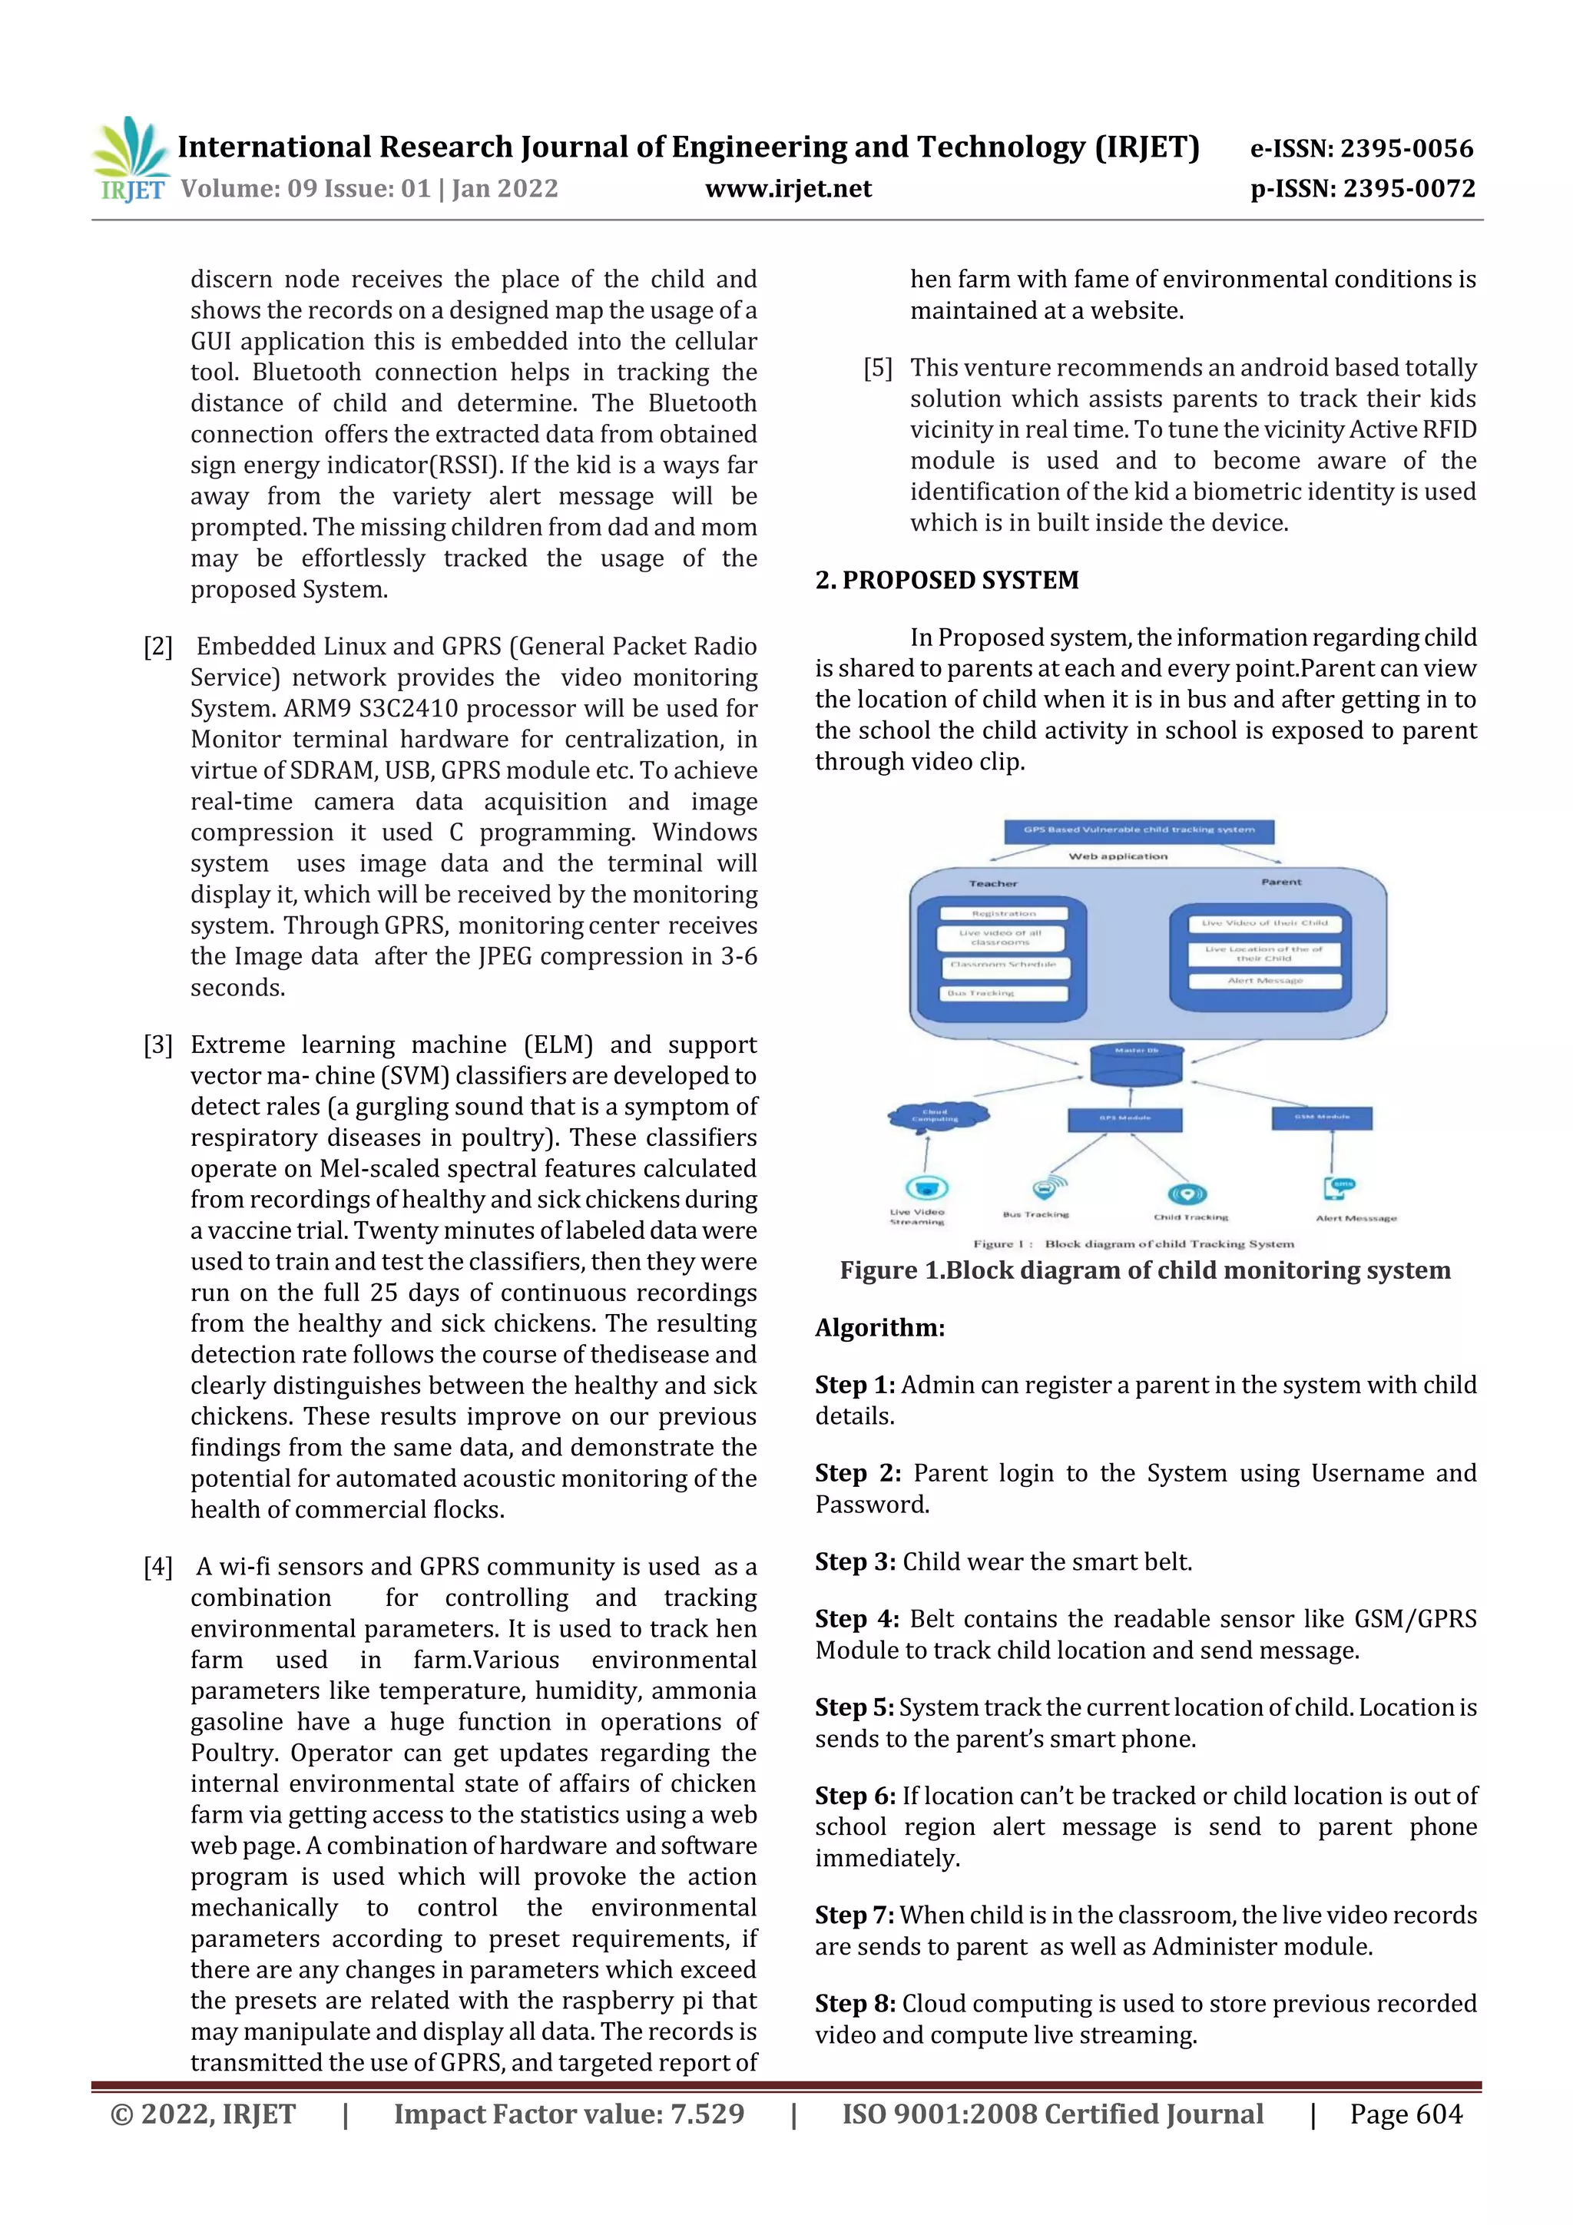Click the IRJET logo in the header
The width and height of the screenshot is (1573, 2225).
130,160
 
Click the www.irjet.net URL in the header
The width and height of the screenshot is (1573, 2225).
788,189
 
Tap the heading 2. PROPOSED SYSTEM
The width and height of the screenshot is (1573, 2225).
946,580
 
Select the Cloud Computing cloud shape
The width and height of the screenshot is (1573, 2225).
937,1117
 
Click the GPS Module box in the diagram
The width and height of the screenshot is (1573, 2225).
1124,1119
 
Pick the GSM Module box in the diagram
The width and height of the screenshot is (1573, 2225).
1321,1117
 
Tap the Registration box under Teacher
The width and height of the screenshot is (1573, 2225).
1003,914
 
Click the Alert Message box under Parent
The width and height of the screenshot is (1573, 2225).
1265,981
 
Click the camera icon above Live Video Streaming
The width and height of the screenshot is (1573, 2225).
926,1188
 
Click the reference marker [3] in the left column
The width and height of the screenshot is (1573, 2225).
158,1045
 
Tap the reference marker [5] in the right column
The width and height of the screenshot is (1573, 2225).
878,368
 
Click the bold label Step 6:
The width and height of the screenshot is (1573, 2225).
855,1796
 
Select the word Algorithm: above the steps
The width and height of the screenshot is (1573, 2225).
879,1328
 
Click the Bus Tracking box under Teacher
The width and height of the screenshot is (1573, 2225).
1003,993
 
